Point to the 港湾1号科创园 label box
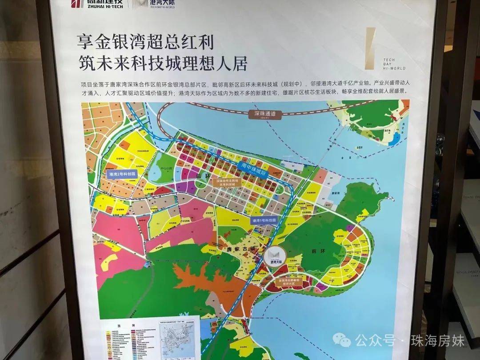(264, 220)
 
